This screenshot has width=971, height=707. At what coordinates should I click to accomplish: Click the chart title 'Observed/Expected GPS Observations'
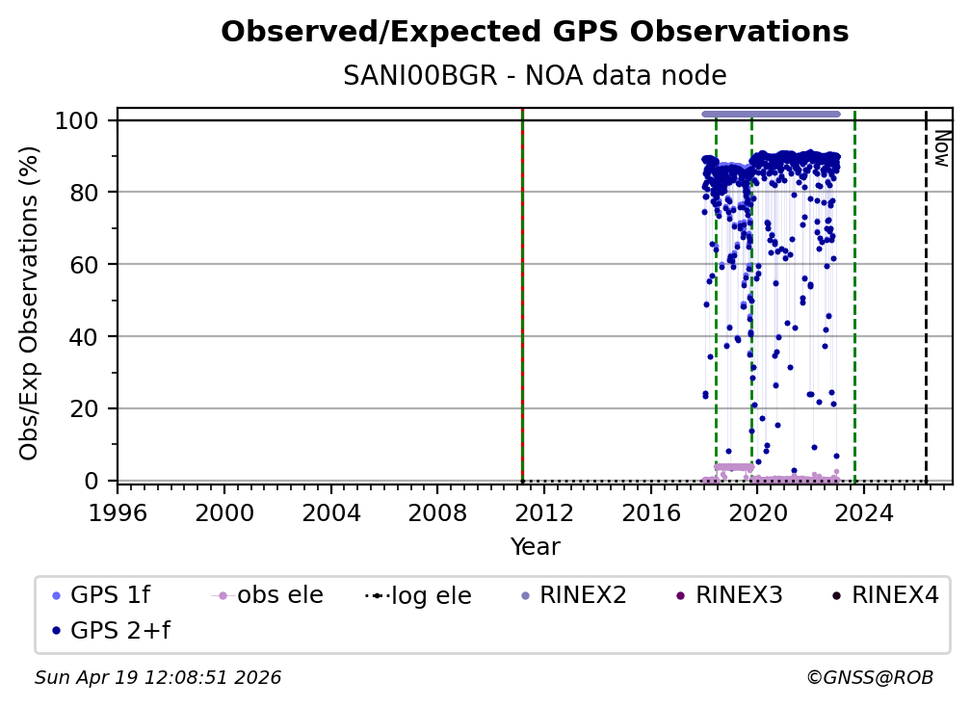coord(535,33)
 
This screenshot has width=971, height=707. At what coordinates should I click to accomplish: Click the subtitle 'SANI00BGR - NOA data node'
coord(535,76)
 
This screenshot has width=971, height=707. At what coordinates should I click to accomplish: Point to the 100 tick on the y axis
coord(82,120)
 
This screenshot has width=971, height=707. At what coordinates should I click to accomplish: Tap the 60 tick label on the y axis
coord(89,265)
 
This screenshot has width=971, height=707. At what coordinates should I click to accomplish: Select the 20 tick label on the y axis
coord(89,408)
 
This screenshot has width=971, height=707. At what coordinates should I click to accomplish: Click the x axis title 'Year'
coord(535,547)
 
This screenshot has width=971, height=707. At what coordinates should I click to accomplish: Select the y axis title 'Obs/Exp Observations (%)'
coord(30,302)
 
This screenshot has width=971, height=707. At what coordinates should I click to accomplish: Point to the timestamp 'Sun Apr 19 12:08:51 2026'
coord(158,678)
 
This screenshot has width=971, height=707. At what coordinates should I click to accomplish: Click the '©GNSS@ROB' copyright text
coord(870,678)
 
